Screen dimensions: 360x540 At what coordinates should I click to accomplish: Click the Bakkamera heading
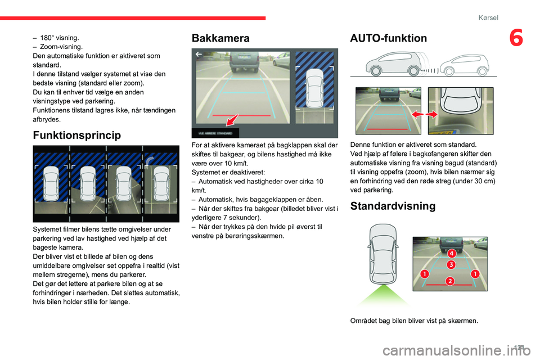(220, 38)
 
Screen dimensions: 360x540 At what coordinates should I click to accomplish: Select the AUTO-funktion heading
(388, 38)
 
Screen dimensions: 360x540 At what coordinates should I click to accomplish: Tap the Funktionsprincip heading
(77, 136)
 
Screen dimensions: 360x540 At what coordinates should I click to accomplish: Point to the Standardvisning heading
(392, 206)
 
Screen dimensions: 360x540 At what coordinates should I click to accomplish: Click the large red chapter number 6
(516, 39)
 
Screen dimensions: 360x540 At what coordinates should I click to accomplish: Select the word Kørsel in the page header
(488, 17)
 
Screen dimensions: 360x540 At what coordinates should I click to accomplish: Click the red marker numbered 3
(451, 264)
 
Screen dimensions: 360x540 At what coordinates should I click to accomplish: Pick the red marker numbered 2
(449, 280)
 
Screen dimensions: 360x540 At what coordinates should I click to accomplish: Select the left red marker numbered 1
(424, 273)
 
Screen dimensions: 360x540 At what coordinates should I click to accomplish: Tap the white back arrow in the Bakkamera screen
(199, 55)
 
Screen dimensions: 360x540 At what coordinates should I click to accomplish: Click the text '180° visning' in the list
(59, 38)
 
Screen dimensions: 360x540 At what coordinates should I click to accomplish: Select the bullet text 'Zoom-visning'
(61, 47)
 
